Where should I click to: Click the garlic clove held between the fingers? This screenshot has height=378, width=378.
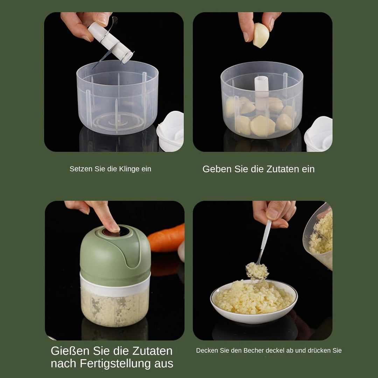coord(261,35)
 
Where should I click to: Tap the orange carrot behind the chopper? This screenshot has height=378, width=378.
coord(166,239)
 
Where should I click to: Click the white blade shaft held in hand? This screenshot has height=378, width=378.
coord(110,43)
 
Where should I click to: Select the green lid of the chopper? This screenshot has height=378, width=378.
coord(115,256)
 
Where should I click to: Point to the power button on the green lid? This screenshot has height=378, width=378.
coord(113,232)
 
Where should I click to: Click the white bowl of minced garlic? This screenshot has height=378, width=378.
coord(254,301)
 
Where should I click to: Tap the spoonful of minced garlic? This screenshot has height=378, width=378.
coord(257,271)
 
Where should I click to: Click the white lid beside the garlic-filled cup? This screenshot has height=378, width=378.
coord(318,134)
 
